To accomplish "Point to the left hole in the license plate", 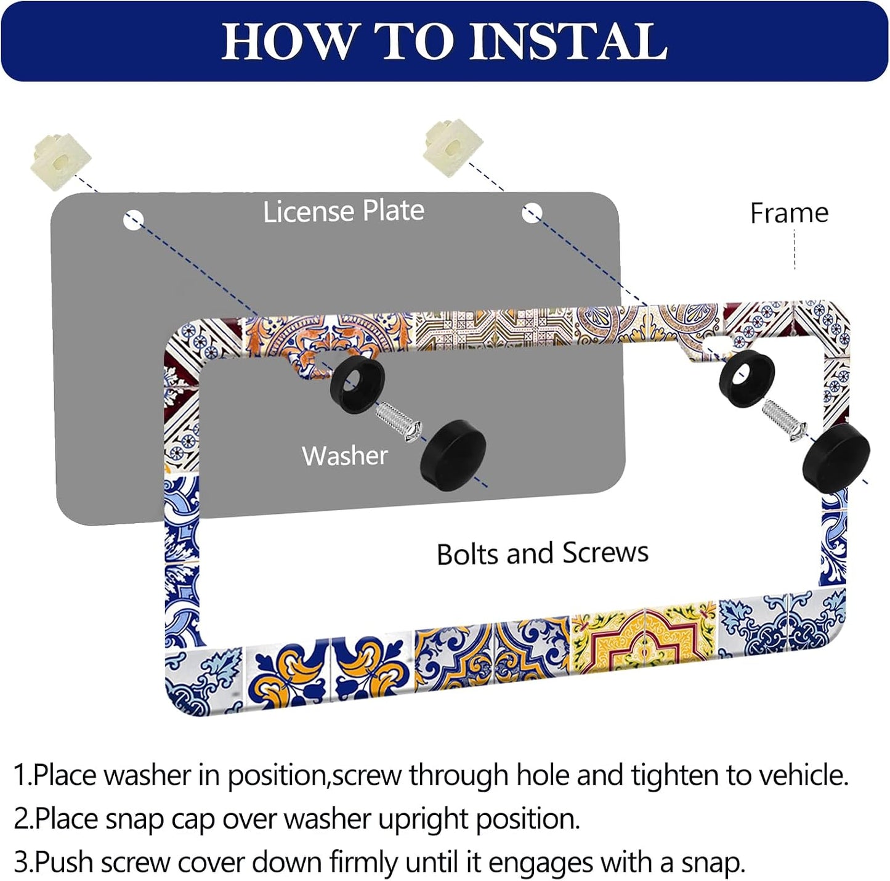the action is click(134, 220).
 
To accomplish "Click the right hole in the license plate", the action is click(532, 213).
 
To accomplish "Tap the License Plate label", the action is click(344, 211).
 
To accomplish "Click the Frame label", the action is click(789, 213).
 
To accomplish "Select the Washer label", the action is click(344, 456).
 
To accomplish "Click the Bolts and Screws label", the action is click(542, 553).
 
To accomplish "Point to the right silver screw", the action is click(784, 420).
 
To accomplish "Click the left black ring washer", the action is click(357, 385).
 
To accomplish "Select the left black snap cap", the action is click(453, 455).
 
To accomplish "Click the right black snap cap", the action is click(836, 455).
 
